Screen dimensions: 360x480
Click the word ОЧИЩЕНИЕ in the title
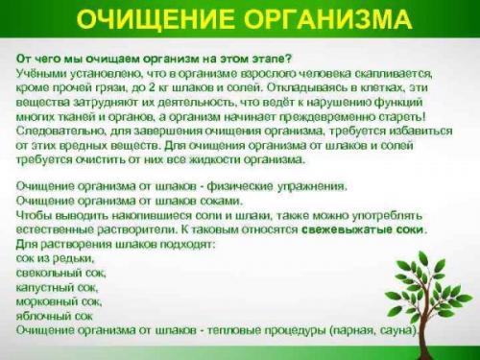pos(144,21)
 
